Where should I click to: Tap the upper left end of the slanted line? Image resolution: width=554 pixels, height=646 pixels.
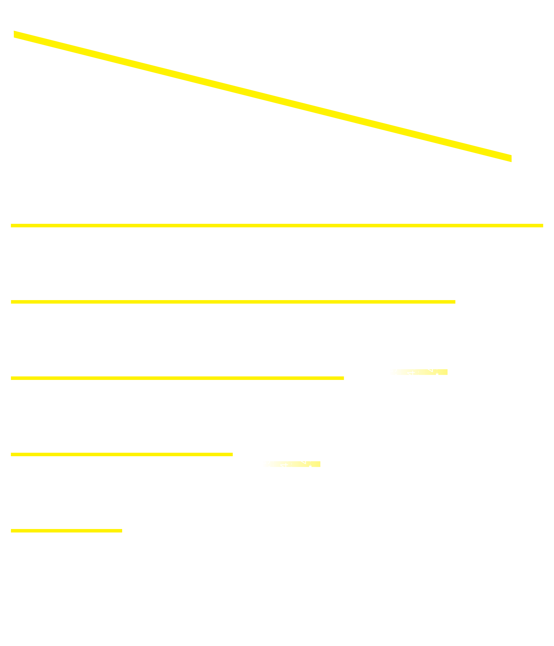(x=15, y=34)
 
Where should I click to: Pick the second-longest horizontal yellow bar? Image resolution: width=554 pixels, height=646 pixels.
(x=233, y=302)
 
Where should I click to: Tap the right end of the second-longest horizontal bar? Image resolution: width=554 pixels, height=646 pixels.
(x=454, y=302)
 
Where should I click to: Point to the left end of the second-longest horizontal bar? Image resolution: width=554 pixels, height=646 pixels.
(x=12, y=302)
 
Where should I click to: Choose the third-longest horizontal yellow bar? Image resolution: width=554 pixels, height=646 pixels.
(x=177, y=378)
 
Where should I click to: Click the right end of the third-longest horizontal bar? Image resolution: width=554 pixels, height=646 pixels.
(x=343, y=378)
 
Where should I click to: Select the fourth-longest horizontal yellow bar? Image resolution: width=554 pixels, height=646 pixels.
(x=122, y=454)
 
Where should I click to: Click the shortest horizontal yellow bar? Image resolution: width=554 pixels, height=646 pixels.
(x=66, y=531)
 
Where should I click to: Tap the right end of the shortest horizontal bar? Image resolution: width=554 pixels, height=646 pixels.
(x=121, y=531)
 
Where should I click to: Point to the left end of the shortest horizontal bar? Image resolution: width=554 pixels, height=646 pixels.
(x=12, y=531)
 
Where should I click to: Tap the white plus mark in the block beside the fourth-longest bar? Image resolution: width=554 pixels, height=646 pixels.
(x=286, y=465)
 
